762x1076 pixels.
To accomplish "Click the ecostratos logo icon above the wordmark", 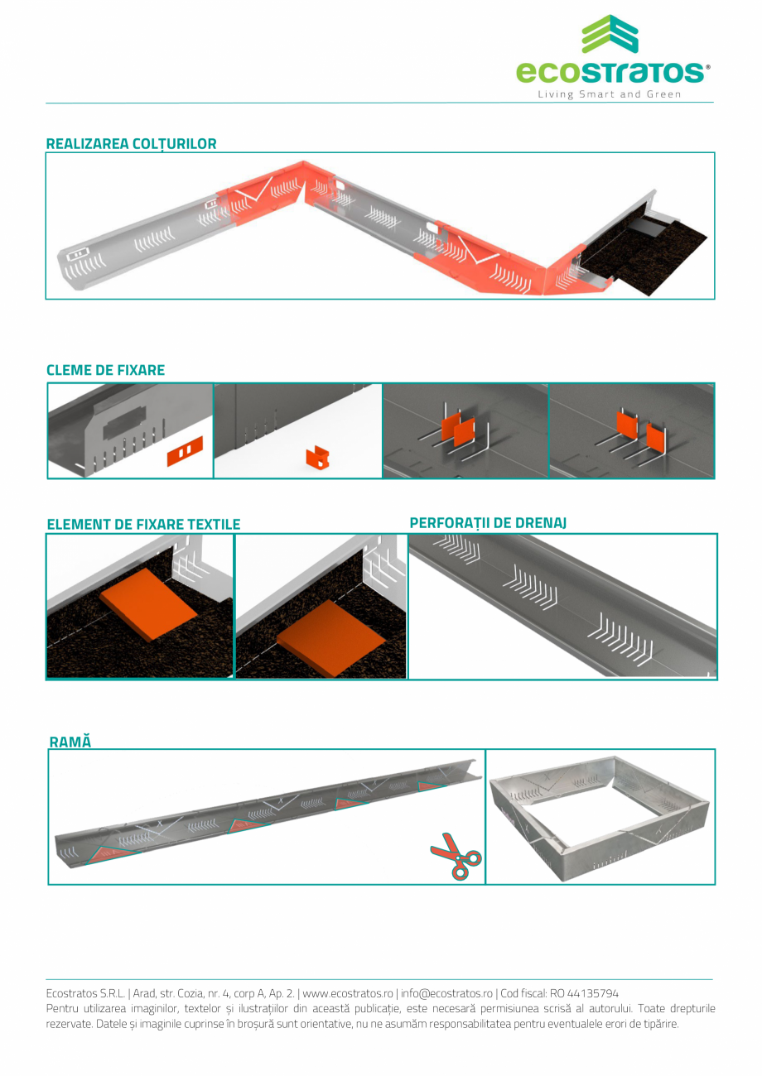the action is coord(610,34).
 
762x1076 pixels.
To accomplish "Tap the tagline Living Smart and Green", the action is coord(609,94).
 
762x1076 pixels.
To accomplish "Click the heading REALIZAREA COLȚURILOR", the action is coord(131,144).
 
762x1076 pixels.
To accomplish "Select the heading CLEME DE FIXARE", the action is coord(105,370).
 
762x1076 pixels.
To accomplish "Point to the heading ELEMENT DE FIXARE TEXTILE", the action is coord(143,524).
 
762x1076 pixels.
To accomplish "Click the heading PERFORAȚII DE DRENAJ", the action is coord(488,523).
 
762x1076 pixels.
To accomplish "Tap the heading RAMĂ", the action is coord(70,742).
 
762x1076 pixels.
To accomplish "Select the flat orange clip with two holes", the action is coord(185,451).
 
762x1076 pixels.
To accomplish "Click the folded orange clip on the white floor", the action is coord(318,457).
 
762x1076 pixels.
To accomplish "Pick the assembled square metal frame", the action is coord(600,818).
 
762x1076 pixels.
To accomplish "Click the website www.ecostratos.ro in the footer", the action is coord(348,993).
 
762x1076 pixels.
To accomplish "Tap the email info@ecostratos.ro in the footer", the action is coord(446,993).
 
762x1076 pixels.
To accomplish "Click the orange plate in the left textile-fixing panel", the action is coord(148,604).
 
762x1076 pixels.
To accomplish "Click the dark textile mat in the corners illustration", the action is coord(644,255).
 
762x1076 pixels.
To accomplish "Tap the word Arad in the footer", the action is coord(144,993).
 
